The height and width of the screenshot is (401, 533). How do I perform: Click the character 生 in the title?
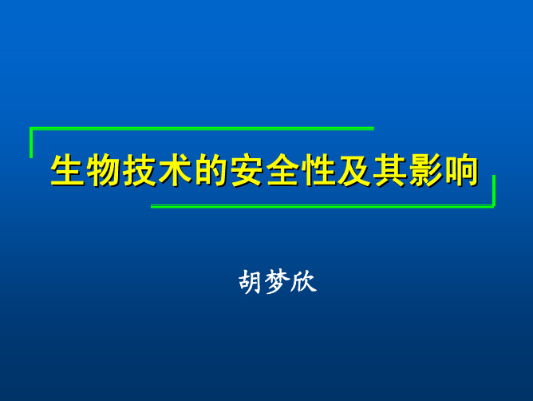click(x=68, y=170)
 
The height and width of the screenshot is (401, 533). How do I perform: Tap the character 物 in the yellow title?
click(x=104, y=170)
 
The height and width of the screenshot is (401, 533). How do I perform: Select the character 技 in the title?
click(x=140, y=170)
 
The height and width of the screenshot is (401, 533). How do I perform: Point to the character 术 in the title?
click(x=176, y=170)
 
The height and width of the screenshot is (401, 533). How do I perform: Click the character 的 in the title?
click(x=211, y=170)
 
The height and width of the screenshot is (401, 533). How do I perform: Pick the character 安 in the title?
click(x=247, y=170)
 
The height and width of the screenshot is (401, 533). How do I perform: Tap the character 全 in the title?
click(x=283, y=170)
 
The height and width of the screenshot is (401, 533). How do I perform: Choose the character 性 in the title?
click(x=319, y=170)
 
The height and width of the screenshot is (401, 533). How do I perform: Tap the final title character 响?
click(x=462, y=170)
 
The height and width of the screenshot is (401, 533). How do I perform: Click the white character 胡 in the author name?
click(x=251, y=281)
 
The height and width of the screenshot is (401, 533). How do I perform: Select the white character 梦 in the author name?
click(x=278, y=281)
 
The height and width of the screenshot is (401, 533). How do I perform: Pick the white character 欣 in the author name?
click(x=304, y=281)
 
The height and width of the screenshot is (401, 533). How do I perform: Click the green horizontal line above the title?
click(x=202, y=129)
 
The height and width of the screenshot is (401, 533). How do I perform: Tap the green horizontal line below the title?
click(x=322, y=206)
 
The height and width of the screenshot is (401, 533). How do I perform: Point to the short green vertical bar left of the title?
click(x=31, y=143)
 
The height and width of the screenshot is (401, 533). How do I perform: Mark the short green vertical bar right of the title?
click(x=494, y=191)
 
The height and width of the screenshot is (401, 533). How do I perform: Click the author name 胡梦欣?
click(x=278, y=281)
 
